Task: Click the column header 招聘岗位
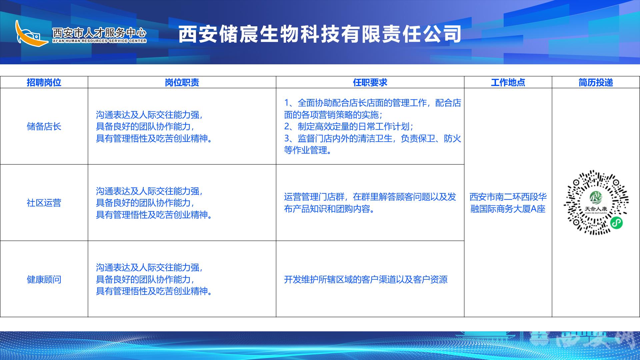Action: pyautogui.click(x=44, y=82)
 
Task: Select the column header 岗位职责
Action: pyautogui.click(x=182, y=82)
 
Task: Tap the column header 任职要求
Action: pyautogui.click(x=370, y=82)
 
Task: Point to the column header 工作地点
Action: pyautogui.click(x=508, y=82)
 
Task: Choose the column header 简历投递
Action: pyautogui.click(x=596, y=82)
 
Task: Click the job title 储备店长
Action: pyautogui.click(x=44, y=126)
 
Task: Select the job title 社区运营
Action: pyautogui.click(x=44, y=203)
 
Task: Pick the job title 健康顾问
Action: pyautogui.click(x=44, y=279)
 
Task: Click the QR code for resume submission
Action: pyautogui.click(x=596, y=203)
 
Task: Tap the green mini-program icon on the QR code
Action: pyautogui.click(x=616, y=222)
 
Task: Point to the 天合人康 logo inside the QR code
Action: pyautogui.click(x=596, y=202)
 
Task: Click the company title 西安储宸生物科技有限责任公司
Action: pyautogui.click(x=320, y=34)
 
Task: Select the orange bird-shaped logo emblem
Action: pyautogui.click(x=32, y=33)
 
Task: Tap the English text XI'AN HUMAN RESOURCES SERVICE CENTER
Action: pyautogui.click(x=99, y=41)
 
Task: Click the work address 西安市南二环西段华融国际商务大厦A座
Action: pyautogui.click(x=508, y=203)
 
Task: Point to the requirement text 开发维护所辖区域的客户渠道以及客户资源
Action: pyautogui.click(x=366, y=279)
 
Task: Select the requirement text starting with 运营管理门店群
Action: pyautogui.click(x=370, y=203)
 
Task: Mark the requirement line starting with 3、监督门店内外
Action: pyautogui.click(x=373, y=144)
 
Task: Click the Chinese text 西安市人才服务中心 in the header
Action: pyautogui.click(x=99, y=32)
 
